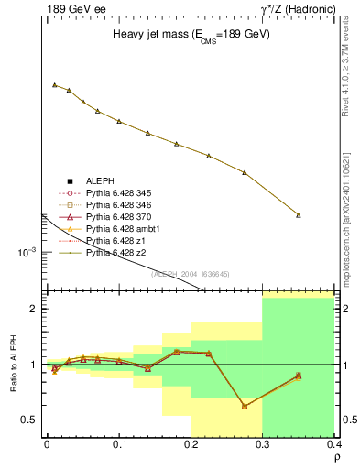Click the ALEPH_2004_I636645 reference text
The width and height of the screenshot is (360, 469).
[x=189, y=274]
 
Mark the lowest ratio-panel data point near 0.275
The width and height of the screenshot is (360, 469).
[x=245, y=406]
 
